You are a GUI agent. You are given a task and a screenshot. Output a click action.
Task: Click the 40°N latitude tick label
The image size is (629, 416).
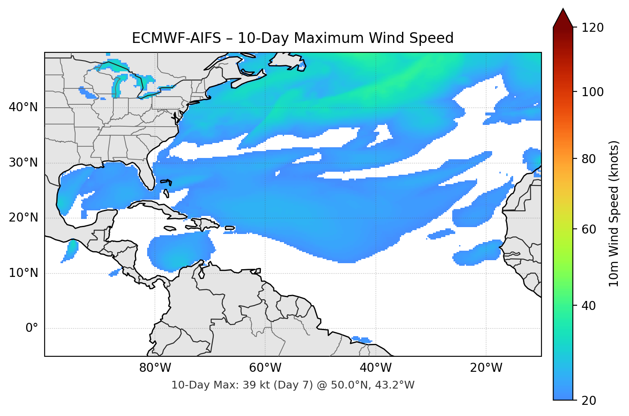coord(23,107)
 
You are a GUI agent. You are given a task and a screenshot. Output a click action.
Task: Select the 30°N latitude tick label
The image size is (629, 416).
coord(23,163)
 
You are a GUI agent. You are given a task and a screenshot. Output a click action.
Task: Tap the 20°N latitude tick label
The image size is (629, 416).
coord(23,218)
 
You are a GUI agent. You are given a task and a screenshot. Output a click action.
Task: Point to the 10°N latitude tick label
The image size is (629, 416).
coord(23,273)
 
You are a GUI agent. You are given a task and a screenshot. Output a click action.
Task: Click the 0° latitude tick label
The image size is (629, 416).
coord(32,328)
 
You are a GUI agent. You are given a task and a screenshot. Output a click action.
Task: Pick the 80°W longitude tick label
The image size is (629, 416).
coord(155,368)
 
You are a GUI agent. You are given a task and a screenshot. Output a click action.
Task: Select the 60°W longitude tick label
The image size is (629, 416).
coord(265,368)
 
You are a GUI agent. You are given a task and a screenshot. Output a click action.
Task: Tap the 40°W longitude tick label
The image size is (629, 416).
coord(376,368)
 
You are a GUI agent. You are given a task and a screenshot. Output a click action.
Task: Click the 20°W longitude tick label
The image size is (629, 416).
coord(486,368)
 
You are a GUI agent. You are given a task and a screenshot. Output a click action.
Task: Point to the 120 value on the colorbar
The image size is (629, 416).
coord(592,28)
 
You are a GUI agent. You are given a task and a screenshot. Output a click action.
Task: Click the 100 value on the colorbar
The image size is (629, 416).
coord(592,92)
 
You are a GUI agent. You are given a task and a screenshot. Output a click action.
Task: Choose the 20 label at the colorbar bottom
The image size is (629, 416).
coord(589,401)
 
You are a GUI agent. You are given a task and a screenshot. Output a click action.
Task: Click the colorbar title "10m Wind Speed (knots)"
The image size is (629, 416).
coord(614,214)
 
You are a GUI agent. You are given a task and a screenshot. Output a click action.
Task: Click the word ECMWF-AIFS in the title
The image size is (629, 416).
coord(176,38)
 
